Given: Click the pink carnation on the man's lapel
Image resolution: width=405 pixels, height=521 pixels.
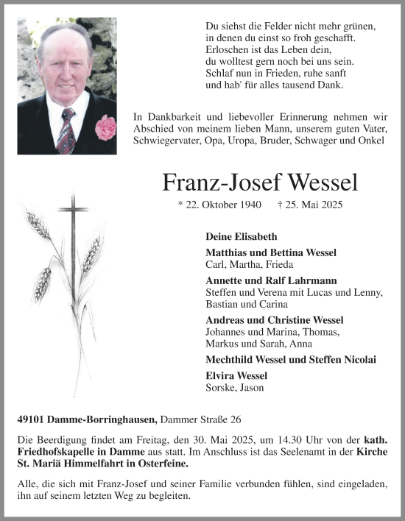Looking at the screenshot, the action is click(105, 126).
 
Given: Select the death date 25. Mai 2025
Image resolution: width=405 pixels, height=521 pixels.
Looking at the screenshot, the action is click(311, 207).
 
